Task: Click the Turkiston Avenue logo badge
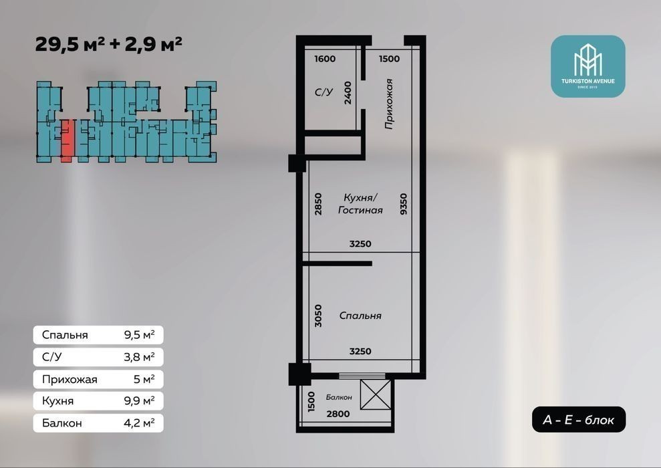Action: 587,66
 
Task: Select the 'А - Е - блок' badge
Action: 578,419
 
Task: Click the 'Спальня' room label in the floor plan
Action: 360,316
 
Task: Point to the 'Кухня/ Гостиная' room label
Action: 360,204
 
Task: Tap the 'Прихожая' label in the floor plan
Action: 389,104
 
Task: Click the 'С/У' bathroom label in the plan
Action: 323,92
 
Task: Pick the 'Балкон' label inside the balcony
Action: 339,397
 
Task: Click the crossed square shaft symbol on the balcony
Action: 376,394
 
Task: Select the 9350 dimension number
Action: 404,204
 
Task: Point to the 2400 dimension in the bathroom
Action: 348,93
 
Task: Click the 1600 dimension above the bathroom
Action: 325,59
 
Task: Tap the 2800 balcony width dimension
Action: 338,414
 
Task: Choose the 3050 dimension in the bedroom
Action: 318,316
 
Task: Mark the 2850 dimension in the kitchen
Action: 318,204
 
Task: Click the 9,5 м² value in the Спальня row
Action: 139,335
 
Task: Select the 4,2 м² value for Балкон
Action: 139,423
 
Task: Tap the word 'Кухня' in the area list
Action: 57,400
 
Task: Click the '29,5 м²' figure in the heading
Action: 70,44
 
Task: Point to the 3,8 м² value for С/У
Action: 139,357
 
